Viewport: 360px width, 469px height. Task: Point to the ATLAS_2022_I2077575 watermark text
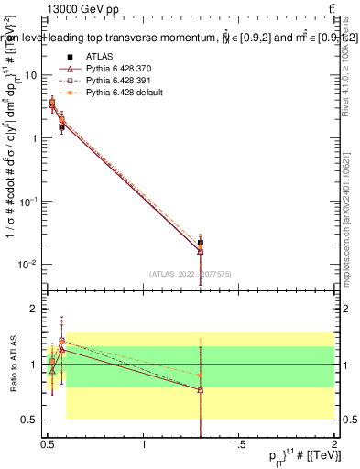191,273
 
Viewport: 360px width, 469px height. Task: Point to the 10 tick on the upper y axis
33,76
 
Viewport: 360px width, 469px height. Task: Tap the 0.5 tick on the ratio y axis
32,420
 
